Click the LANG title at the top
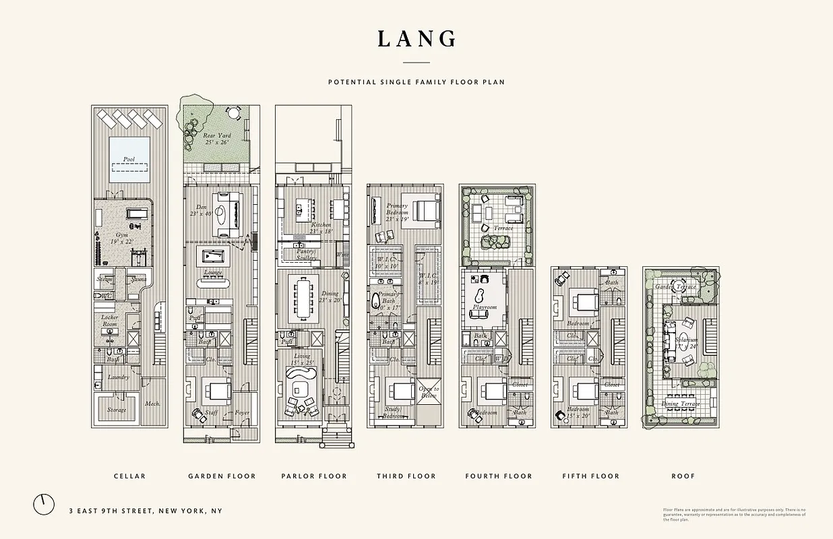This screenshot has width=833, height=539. (416, 39)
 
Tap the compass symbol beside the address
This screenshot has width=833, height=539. (44, 505)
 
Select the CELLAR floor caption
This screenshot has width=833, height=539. (129, 476)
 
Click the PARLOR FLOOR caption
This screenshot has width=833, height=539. (314, 476)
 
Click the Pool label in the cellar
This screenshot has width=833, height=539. (129, 160)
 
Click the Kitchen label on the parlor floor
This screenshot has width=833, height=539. (321, 224)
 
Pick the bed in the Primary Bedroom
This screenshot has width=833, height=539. (425, 212)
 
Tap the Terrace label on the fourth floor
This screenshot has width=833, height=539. (503, 228)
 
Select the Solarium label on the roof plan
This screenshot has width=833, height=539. (686, 340)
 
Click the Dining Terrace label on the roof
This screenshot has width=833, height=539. (680, 404)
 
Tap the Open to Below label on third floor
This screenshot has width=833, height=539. (429, 393)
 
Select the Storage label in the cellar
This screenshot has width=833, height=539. (117, 410)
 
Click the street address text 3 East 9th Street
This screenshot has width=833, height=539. (145, 511)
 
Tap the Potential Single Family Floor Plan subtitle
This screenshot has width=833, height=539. (416, 82)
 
